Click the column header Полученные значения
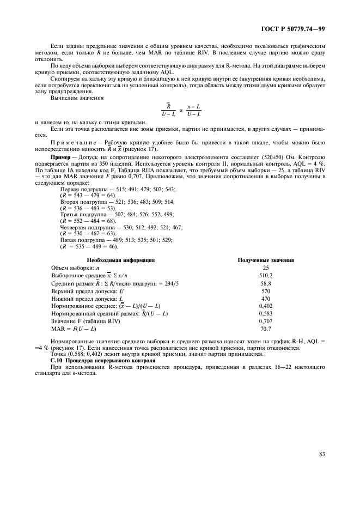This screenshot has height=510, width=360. point(266,260)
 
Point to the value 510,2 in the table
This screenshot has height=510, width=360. point(266,276)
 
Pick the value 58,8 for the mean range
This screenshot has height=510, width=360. point(266,283)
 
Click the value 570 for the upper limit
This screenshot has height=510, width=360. point(266,291)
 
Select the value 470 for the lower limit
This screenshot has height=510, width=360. point(266,299)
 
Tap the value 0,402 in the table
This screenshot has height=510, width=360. point(266,306)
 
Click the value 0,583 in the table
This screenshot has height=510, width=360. point(266,314)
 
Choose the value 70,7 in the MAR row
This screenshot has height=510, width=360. point(266,329)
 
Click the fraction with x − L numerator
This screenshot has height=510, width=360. point(193,111)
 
